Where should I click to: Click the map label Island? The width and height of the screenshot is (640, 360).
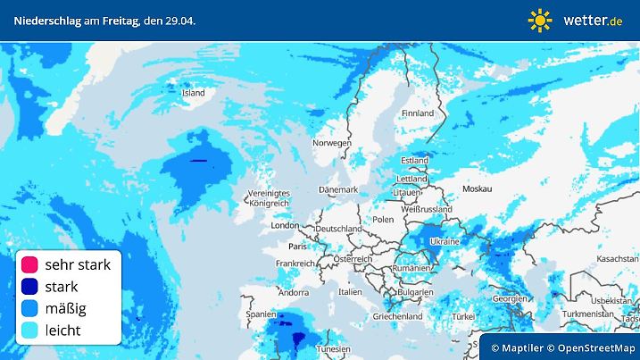point(193,93)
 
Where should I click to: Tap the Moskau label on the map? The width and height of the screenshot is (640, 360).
point(478,189)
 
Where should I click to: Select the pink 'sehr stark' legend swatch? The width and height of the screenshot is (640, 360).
point(29,264)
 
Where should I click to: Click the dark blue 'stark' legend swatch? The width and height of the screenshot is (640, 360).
point(29,287)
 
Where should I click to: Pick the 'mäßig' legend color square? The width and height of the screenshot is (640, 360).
point(29,308)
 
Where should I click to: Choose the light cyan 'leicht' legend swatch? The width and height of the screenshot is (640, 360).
point(29,330)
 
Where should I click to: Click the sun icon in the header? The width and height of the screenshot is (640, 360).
point(540,20)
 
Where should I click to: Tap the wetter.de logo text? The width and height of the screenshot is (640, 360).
point(593,20)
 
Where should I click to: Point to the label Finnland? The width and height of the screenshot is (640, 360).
point(417,113)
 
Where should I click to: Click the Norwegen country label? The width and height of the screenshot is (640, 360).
point(331,143)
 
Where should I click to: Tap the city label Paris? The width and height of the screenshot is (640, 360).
point(297,246)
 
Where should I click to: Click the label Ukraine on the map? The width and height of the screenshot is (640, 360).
point(445,242)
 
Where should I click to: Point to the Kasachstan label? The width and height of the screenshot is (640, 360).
point(617,258)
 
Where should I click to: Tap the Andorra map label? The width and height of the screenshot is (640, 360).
point(293,292)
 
